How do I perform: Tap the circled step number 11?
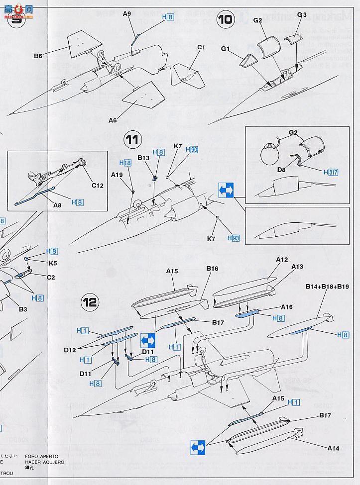131,140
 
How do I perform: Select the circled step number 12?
91,302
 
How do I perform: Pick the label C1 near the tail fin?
201,48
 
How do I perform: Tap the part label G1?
226,49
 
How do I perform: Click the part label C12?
97,186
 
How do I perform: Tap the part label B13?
144,158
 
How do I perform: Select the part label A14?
333,448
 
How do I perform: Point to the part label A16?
286,307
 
